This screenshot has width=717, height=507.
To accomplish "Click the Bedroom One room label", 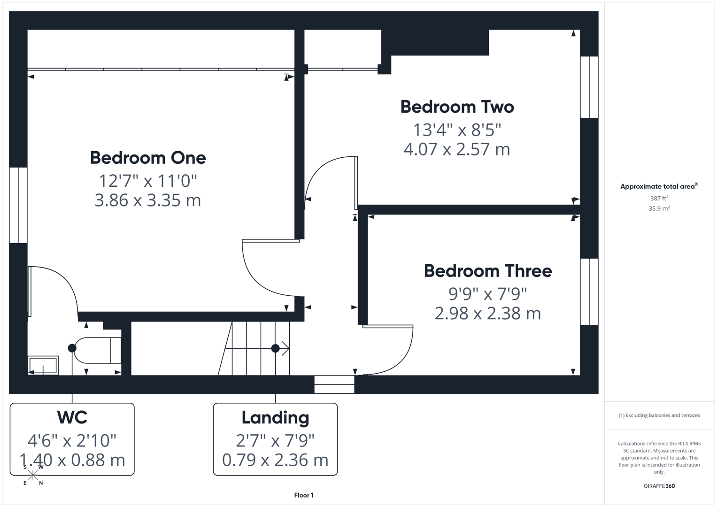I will (148, 158).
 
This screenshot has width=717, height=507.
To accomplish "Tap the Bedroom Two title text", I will (457, 107).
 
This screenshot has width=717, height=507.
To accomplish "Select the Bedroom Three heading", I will (487, 271).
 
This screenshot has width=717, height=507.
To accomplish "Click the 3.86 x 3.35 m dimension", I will (148, 200).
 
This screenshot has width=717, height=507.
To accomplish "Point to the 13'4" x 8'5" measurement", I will (457, 129).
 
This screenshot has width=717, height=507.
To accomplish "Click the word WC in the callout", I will (72, 417).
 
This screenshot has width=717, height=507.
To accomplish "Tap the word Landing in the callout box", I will (275, 417).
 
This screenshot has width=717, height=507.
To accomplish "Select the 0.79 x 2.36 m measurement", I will (275, 460).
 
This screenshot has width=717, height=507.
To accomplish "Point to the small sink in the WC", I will (43, 365).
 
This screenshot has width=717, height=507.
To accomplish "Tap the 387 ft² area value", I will (659, 199).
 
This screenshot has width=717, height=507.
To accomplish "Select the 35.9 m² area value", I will (659, 208).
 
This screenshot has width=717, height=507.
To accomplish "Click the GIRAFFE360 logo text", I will (659, 486).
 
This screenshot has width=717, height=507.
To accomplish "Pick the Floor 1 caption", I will (304, 495).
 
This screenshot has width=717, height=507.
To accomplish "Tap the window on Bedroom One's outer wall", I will (18, 205).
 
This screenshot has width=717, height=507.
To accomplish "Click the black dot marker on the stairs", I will (276, 348).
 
